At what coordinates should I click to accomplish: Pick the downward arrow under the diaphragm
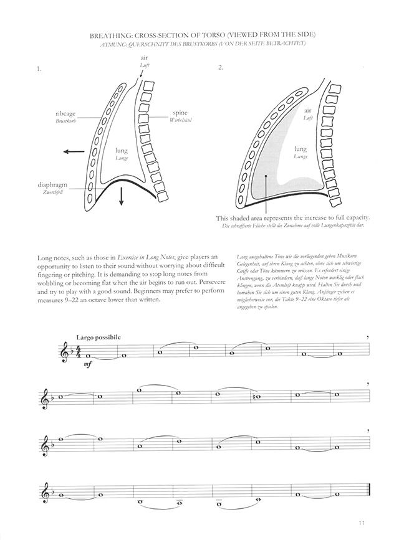(122, 197)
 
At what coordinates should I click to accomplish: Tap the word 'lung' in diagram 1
(122, 151)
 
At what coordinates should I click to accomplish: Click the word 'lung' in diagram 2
(300, 149)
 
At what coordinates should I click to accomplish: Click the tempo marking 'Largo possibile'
(98, 337)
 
